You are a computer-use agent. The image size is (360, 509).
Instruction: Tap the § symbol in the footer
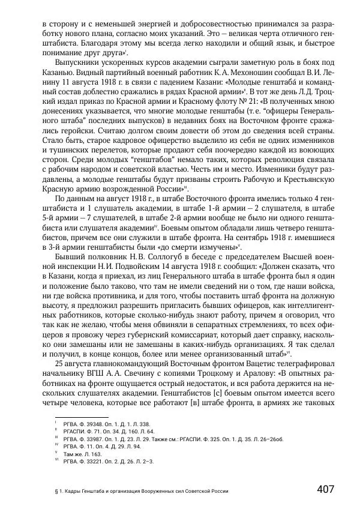click(56, 490)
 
